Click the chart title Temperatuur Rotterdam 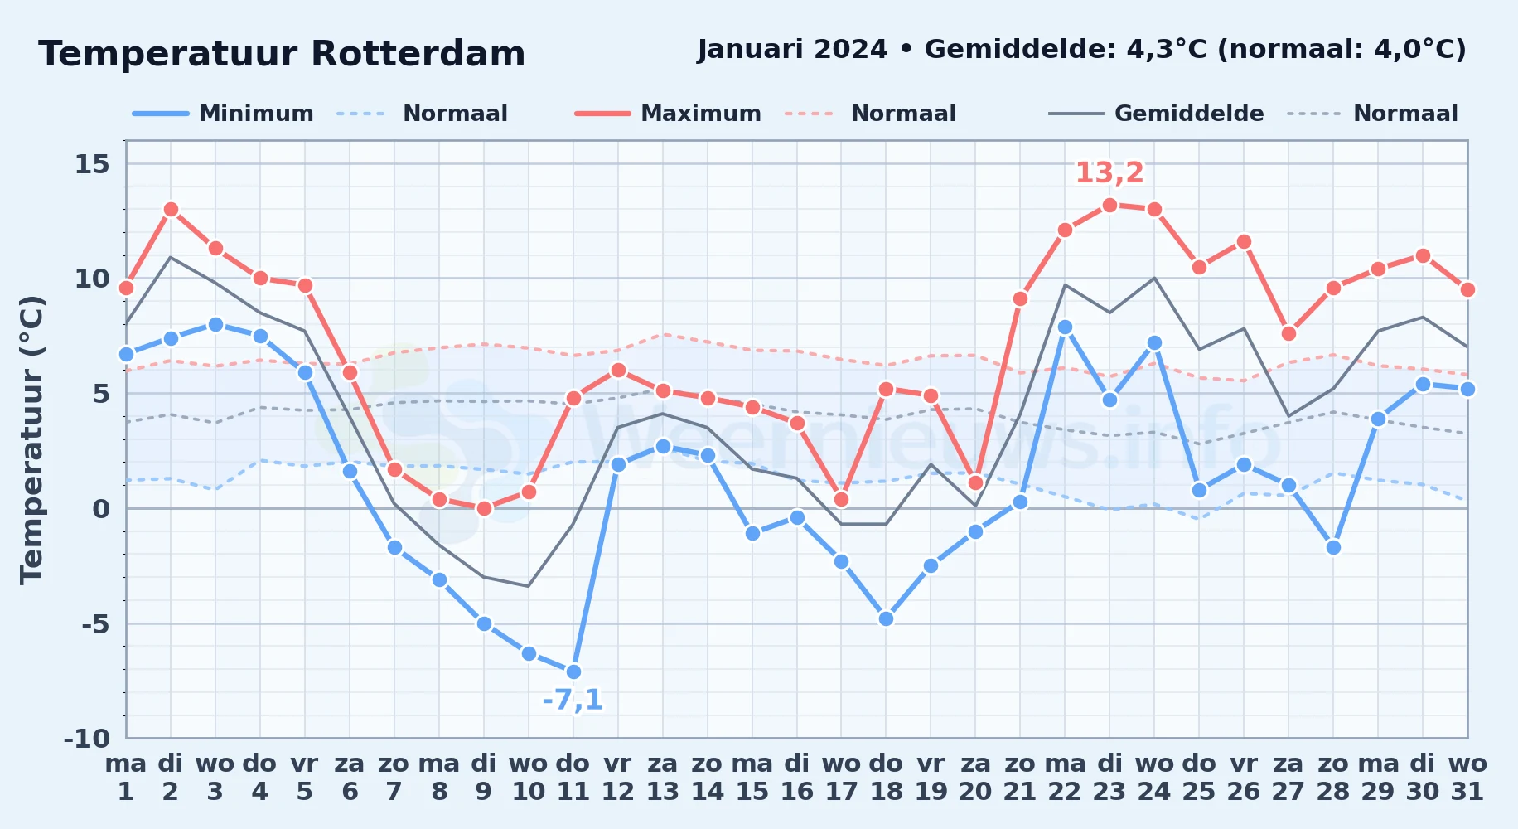click(x=282, y=54)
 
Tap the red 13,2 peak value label click(x=1109, y=172)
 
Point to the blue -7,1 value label click(x=573, y=700)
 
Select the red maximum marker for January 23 click(x=1109, y=205)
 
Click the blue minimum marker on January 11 click(x=573, y=671)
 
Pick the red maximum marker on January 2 click(x=171, y=209)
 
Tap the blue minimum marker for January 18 click(x=886, y=618)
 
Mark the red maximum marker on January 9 click(x=484, y=508)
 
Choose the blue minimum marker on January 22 click(x=1065, y=327)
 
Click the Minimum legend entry click(x=223, y=114)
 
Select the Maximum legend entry click(x=668, y=114)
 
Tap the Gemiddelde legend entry click(x=1157, y=114)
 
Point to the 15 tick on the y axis click(x=92, y=164)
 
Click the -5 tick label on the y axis click(x=95, y=623)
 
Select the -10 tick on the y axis click(x=87, y=738)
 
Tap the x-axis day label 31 click(x=1467, y=792)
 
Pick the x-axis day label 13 click(x=663, y=792)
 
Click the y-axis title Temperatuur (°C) click(x=32, y=439)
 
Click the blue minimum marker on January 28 click(x=1333, y=547)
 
